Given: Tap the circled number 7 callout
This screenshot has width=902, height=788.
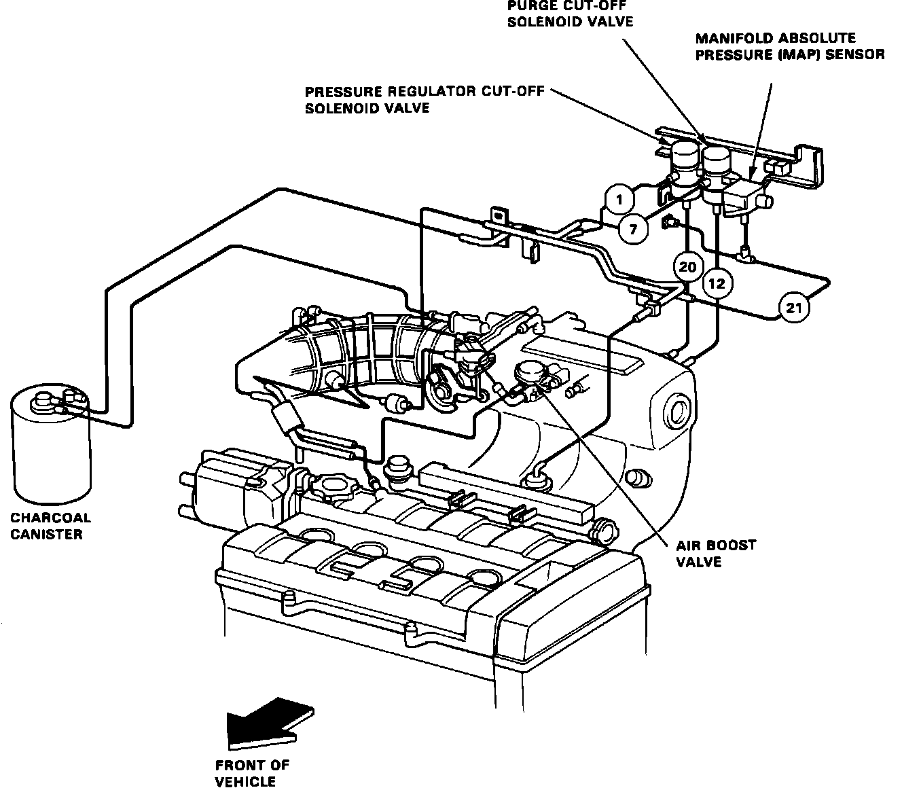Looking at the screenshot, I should pos(633,229).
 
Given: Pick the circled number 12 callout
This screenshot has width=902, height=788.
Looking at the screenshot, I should pos(717,283).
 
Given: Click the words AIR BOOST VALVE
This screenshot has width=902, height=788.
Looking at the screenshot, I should pos(706,554).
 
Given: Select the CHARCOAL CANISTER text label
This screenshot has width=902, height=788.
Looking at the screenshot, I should pos(51,526).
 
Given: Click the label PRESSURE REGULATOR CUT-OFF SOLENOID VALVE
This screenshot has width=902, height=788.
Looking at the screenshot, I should pos(425,99).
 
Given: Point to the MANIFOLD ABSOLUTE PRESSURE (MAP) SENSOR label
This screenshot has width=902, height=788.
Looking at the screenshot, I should pos(789,47).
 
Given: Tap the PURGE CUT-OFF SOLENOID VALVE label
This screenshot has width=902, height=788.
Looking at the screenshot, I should pos(570,14).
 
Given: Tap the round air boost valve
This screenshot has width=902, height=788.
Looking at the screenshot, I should pos(530,374).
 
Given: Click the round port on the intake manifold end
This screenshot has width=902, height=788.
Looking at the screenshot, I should pos(678,412).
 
